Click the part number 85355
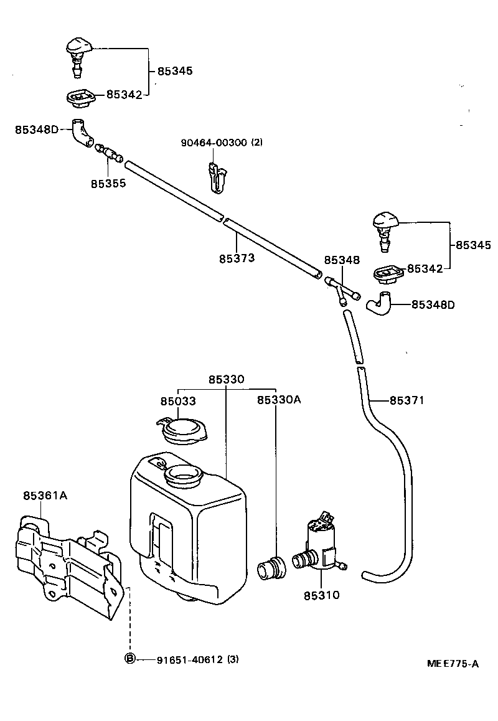108,184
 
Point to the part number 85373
237,258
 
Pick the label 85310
322,595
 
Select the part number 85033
178,401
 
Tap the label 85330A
279,400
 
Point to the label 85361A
45,496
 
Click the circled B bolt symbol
130,659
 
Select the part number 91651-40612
190,659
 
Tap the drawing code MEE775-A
453,664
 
